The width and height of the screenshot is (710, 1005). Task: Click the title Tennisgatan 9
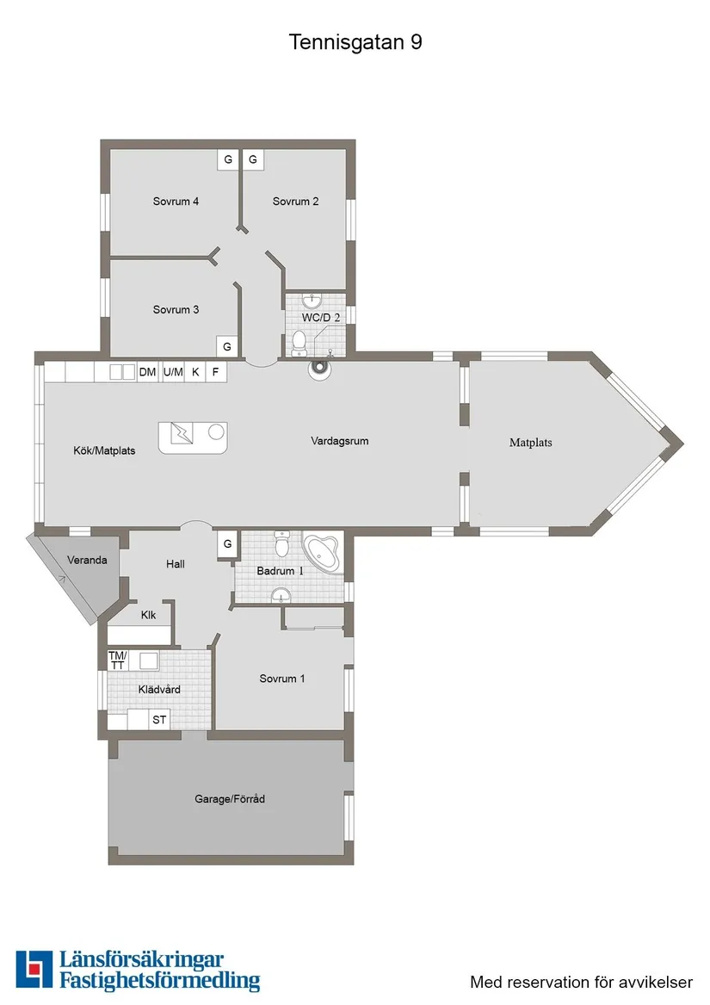coord(355,42)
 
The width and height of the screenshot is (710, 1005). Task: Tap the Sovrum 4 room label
coord(176,202)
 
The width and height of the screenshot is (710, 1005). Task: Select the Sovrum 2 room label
coord(296,202)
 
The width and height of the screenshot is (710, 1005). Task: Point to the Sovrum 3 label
coord(176,309)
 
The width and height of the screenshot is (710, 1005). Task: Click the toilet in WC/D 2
coord(299,342)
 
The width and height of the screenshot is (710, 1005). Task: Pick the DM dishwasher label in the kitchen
coord(147,372)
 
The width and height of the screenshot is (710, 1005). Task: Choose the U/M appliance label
coord(173,372)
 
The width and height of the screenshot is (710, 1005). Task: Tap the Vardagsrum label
coord(340,441)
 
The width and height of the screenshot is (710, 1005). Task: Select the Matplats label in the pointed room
coord(530,443)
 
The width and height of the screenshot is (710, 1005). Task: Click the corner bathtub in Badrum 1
coord(324,552)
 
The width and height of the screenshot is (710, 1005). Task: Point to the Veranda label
coord(88,560)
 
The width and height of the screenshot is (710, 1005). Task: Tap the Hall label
coord(176,564)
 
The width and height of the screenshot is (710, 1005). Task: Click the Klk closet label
coord(148,615)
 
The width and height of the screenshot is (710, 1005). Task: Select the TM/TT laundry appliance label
coord(117,661)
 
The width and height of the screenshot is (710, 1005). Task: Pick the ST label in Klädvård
coord(159,720)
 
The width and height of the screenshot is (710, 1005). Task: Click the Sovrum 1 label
coord(282,679)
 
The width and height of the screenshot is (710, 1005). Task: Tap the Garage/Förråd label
coord(230,799)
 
